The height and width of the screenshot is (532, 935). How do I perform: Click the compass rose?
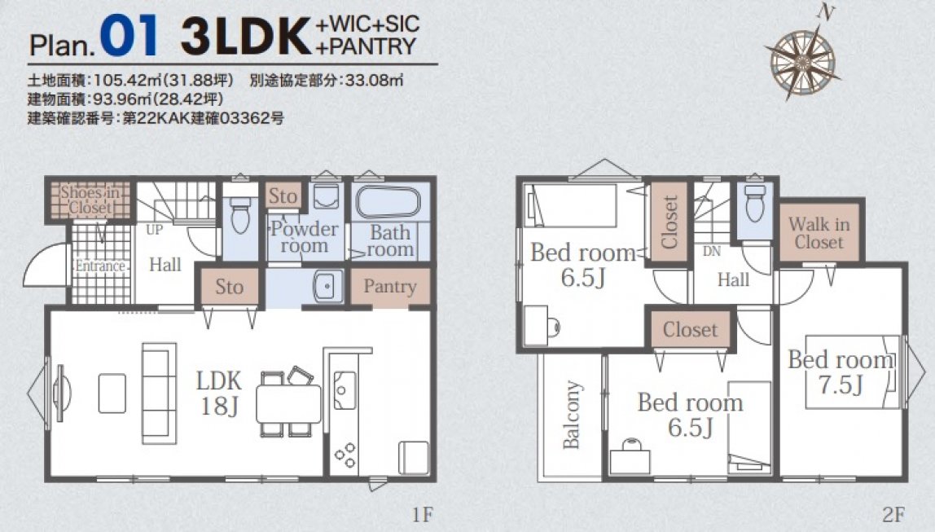tap(803, 59)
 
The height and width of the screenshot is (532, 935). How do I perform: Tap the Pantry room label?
tap(390, 286)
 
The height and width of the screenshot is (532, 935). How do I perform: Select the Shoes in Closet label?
tap(90, 200)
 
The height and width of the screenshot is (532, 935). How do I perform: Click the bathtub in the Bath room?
tap(388, 204)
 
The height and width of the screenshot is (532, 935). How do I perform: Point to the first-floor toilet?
tap(240, 213)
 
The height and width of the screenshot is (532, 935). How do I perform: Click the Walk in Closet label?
tap(819, 233)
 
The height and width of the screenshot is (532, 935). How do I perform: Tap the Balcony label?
tap(571, 415)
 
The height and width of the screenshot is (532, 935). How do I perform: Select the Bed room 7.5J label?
tap(841, 372)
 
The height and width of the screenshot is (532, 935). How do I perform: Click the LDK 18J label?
tap(219, 393)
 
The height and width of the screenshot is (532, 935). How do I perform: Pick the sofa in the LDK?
tap(159, 393)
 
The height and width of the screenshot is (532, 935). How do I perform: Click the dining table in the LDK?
tap(288, 404)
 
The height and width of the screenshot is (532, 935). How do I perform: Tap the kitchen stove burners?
tap(345, 455)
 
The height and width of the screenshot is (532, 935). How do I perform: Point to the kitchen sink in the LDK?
tap(345, 390)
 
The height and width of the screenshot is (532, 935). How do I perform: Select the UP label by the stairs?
tap(154, 230)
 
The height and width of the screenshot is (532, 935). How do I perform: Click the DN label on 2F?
tap(711, 251)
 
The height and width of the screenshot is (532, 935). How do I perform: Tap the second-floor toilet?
tap(755, 204)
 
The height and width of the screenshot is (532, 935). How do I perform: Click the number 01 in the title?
tap(129, 36)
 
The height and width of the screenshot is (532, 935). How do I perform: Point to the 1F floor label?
tap(422, 514)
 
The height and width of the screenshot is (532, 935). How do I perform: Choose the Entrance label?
tap(100, 266)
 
